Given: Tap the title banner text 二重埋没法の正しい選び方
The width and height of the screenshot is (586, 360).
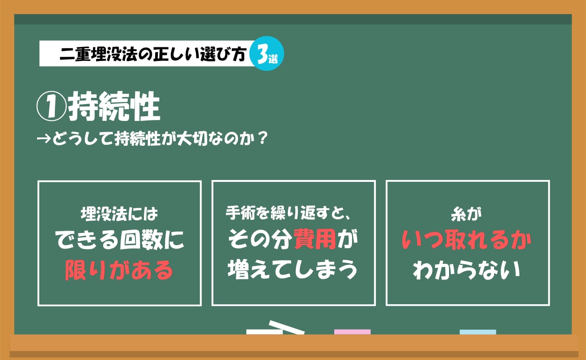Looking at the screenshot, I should (152, 54).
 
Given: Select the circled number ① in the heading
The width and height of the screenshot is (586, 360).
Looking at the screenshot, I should (51, 108).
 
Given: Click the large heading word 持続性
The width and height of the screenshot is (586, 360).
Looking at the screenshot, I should (114, 108).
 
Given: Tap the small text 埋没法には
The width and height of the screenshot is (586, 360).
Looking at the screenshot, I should (119, 215).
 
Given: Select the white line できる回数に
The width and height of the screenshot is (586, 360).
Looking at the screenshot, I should (120, 241).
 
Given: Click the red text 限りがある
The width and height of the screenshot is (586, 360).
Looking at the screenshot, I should (119, 270).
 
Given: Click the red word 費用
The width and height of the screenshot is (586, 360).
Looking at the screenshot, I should (315, 241).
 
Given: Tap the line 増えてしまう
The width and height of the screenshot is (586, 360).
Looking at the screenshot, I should (293, 270).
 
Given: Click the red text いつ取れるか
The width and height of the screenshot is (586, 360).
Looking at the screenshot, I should (467, 241).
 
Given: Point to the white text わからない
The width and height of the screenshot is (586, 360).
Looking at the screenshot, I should (467, 270).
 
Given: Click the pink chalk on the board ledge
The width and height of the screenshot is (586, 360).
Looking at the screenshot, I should (352, 332).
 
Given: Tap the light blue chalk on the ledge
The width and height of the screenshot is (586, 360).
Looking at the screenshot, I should (478, 332).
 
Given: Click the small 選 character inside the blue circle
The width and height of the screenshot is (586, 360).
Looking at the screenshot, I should (274, 59).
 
